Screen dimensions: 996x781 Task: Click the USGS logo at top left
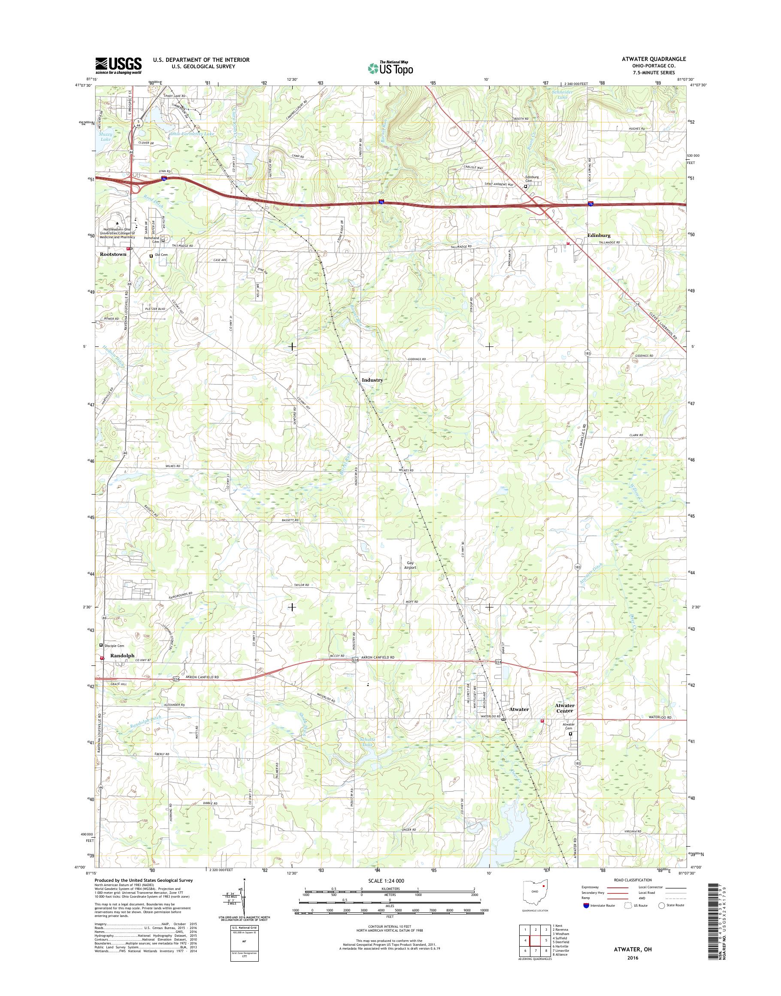pyautogui.click(x=118, y=65)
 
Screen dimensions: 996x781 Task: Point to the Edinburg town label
pyautogui.click(x=599, y=236)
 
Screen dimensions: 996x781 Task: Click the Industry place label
pyautogui.click(x=372, y=380)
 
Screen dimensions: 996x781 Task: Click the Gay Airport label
pyautogui.click(x=410, y=565)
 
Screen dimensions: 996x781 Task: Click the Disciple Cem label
pyautogui.click(x=114, y=646)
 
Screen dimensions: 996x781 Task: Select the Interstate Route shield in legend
pyautogui.click(x=586, y=905)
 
